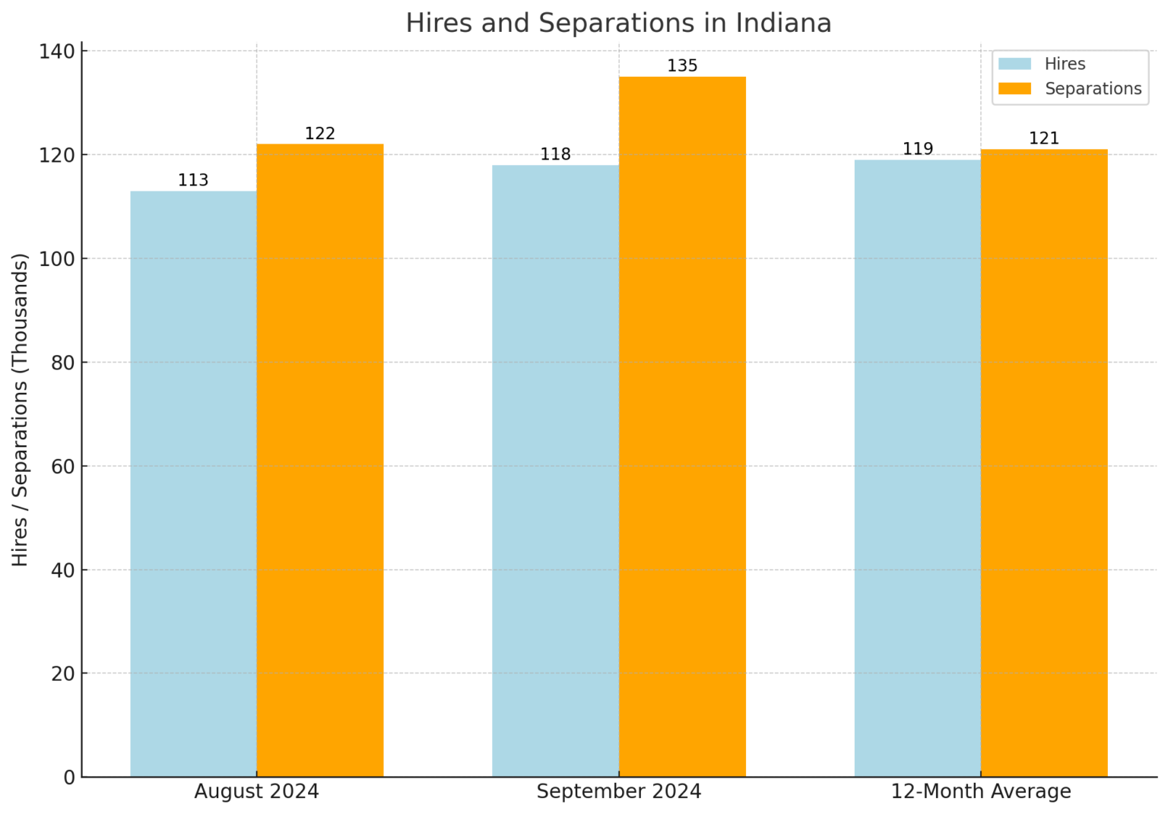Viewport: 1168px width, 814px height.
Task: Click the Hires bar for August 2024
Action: pyautogui.click(x=193, y=483)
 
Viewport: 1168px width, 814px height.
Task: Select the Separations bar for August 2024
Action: pyautogui.click(x=319, y=460)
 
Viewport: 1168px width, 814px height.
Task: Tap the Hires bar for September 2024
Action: pyautogui.click(x=555, y=470)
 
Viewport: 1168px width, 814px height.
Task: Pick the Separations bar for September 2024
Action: pyautogui.click(x=682, y=426)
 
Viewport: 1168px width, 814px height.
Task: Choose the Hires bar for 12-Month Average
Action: pyautogui.click(x=917, y=467)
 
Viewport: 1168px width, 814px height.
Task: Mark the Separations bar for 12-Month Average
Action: pyautogui.click(x=1044, y=462)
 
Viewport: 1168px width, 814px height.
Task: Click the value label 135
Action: pyautogui.click(x=682, y=66)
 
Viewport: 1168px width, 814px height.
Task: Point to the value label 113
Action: pyautogui.click(x=193, y=181)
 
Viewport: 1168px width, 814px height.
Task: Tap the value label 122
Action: pyautogui.click(x=319, y=135)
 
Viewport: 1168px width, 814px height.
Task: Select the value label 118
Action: pyautogui.click(x=555, y=155)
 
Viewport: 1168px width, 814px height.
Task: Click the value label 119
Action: pyautogui.click(x=917, y=150)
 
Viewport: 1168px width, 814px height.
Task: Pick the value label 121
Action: pyautogui.click(x=1044, y=139)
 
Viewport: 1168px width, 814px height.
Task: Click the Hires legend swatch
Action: pyautogui.click(x=1014, y=65)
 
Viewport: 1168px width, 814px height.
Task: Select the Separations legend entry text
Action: pyautogui.click(x=1093, y=89)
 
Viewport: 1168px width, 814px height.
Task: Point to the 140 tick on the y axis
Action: pyautogui.click(x=57, y=52)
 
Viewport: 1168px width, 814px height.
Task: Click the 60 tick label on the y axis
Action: pyautogui.click(x=63, y=466)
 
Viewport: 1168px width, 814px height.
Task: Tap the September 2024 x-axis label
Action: pyautogui.click(x=619, y=792)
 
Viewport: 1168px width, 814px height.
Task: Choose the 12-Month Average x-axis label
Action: pyautogui.click(x=981, y=792)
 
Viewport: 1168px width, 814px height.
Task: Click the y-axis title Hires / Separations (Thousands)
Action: pyautogui.click(x=21, y=410)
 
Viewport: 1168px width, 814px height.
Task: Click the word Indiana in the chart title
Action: pyautogui.click(x=783, y=24)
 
